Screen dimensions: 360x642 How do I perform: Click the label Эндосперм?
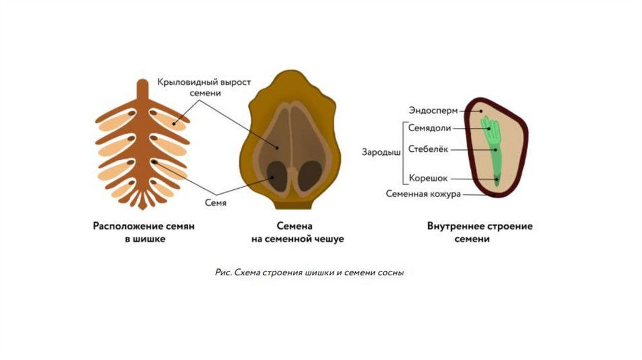[x=433, y=111]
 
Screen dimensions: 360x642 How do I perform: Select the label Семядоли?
[x=429, y=128]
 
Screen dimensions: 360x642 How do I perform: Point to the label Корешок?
[x=428, y=178]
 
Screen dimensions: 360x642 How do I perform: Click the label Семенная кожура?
[x=423, y=194]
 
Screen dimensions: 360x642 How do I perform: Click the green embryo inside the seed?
[x=495, y=151]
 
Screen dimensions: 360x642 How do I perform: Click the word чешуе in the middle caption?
[x=329, y=239]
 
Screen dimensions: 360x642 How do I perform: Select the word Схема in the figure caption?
[x=246, y=273]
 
